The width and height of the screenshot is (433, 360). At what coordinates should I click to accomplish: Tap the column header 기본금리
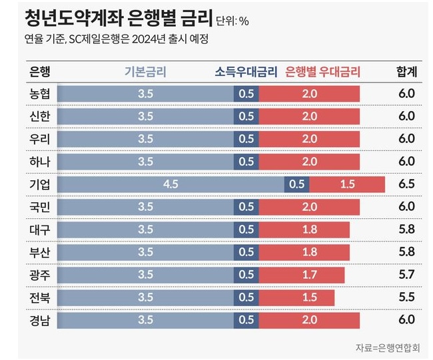(145, 72)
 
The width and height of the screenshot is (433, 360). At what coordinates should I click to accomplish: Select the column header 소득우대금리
(246, 72)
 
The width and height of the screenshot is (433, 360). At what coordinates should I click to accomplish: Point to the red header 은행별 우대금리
(322, 72)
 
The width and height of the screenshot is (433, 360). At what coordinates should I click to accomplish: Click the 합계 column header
(406, 72)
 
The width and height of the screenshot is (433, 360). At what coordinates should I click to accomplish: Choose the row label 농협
(40, 94)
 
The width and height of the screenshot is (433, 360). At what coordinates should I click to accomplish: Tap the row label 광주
(40, 275)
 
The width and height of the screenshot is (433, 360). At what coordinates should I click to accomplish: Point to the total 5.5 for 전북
(406, 297)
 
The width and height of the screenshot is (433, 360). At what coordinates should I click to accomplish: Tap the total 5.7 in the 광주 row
(406, 275)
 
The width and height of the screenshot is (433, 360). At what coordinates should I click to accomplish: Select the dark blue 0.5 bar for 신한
(246, 116)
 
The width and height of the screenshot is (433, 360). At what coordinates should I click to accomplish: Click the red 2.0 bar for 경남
(309, 320)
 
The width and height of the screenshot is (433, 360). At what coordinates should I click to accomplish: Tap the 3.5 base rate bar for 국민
(145, 207)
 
